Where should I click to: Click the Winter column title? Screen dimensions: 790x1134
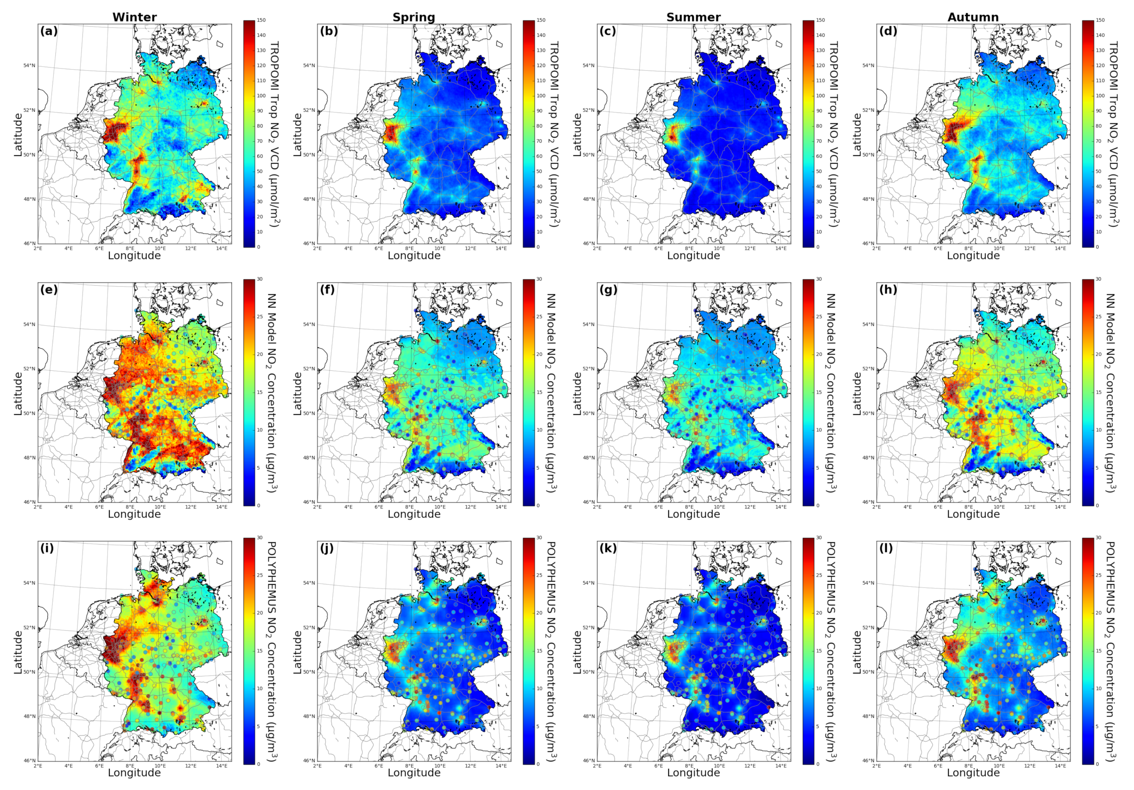pyautogui.click(x=134, y=17)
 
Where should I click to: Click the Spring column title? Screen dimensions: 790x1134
pyautogui.click(x=414, y=17)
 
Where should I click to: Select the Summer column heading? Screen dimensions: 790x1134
pyautogui.click(x=693, y=17)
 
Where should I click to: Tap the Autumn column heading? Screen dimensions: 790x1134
pyautogui.click(x=973, y=17)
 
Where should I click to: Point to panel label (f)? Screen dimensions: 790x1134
pyautogui.click(x=328, y=290)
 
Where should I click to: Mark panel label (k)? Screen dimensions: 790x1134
pyautogui.click(x=608, y=548)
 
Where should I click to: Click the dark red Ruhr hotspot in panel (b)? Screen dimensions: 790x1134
pyautogui.click(x=391, y=133)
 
